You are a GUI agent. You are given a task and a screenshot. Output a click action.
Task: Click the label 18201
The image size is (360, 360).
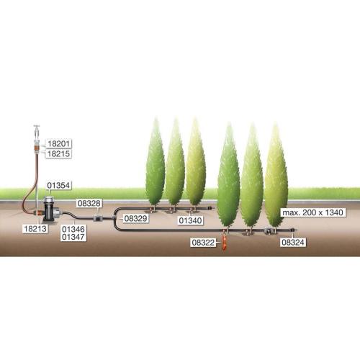click(58, 144)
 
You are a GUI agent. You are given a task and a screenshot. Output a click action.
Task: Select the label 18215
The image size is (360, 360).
click(58, 153)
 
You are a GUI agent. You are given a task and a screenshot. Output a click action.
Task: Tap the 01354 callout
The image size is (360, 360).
click(58, 185)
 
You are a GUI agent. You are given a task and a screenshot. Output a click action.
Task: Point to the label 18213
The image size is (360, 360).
click(35, 228)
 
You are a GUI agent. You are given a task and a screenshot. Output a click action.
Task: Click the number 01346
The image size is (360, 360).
click(73, 229)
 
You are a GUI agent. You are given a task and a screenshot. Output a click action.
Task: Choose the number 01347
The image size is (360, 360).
click(73, 237)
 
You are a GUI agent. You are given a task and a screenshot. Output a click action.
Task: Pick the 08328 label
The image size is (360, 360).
click(89, 203)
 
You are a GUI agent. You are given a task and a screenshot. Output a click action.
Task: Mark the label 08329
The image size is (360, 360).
click(135, 218)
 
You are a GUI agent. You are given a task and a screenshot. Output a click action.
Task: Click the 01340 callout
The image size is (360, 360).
click(190, 220)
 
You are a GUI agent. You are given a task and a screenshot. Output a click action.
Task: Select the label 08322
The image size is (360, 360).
click(203, 243)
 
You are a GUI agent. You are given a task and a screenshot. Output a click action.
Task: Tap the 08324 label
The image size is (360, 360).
click(293, 242)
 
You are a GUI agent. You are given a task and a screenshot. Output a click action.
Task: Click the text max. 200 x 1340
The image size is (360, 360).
click(312, 212)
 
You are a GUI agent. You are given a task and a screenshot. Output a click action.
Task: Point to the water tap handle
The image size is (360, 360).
click(37, 126)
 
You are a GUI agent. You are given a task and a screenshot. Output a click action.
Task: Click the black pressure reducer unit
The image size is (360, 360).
click(51, 209)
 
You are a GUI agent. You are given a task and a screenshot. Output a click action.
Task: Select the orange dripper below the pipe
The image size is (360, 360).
click(225, 243)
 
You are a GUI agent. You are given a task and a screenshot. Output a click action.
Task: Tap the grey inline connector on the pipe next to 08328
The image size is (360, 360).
click(98, 218)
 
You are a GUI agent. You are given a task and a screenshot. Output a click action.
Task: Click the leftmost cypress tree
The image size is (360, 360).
click(156, 163)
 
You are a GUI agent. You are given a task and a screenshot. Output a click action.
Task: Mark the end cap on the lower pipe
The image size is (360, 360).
click(294, 230)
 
